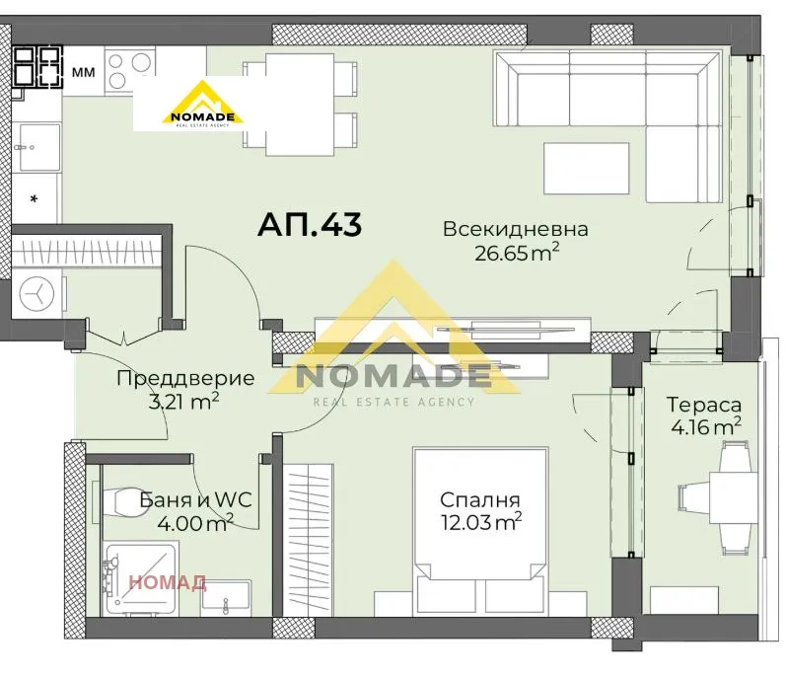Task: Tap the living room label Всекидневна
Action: click(x=515, y=230)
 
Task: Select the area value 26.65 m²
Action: click(x=515, y=255)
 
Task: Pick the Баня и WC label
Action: click(x=195, y=499)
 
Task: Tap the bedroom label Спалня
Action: click(x=480, y=499)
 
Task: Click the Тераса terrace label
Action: click(x=703, y=405)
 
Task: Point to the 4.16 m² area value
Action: click(x=703, y=427)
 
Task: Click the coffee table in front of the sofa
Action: click(x=586, y=167)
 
